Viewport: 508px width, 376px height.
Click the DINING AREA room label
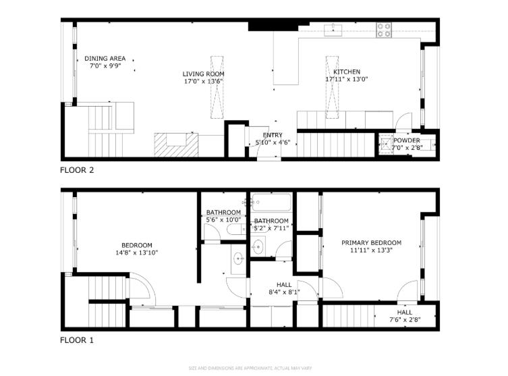tap(105, 59)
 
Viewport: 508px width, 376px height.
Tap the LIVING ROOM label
tap(203, 74)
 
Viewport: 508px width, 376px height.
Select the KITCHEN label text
tap(347, 72)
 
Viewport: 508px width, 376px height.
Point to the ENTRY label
tap(273, 135)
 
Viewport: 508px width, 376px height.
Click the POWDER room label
tap(407, 140)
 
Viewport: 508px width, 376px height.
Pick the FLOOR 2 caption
tap(77, 170)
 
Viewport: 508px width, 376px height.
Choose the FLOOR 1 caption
tap(77, 340)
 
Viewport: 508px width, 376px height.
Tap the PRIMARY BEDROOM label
tap(371, 243)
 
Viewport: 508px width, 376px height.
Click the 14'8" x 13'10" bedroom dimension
tap(136, 252)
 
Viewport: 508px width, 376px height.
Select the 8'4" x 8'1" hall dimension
tap(284, 292)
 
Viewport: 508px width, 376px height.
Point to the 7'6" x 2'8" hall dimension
tap(405, 320)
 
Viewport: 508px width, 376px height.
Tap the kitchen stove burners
tap(384, 30)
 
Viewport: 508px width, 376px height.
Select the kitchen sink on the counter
tap(333, 29)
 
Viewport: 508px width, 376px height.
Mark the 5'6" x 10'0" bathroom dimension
tap(223, 219)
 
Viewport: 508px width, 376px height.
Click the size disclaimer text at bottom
tap(253, 368)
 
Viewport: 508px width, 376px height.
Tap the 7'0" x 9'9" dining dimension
tap(105, 66)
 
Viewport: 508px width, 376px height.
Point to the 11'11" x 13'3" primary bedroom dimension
tap(371, 250)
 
